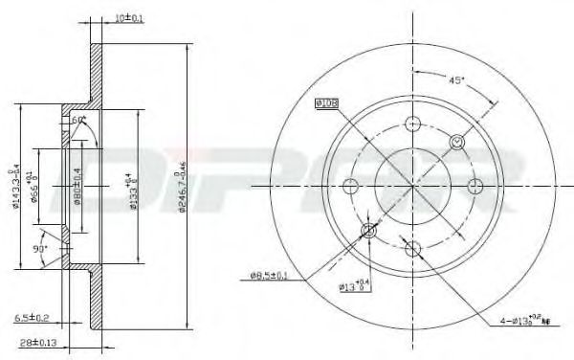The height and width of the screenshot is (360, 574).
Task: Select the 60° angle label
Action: pos(78,120)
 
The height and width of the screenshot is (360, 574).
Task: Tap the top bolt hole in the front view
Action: pos(413,124)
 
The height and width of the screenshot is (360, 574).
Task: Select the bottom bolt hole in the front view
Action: pos(413,249)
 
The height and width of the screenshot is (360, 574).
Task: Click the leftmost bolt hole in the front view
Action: pos(351,186)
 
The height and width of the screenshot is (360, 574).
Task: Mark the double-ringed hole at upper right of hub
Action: pos(457,143)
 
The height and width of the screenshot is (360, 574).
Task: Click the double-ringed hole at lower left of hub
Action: pos(369,231)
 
